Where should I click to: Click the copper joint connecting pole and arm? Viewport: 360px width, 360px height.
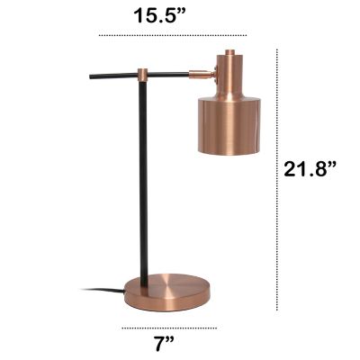[142, 71]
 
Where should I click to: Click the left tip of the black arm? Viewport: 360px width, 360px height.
[91, 79]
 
